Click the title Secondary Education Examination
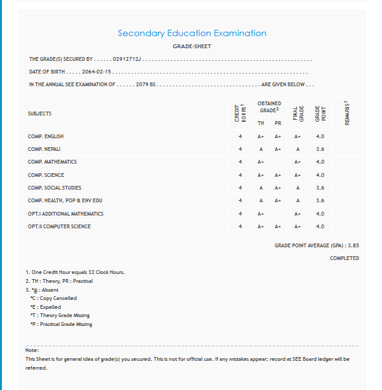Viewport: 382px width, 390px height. [192, 33]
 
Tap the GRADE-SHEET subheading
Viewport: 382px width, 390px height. [192, 46]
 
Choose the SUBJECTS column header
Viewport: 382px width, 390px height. [39, 114]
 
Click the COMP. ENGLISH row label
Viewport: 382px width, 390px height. [46, 136]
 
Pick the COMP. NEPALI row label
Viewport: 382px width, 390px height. [44, 149]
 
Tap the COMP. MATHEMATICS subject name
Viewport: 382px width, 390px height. [52, 162]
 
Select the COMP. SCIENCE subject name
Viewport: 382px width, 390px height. [46, 175]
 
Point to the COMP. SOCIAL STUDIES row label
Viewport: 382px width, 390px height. [55, 188]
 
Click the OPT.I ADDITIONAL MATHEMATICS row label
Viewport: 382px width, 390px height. [65, 214]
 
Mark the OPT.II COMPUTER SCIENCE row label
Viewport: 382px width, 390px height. [59, 226]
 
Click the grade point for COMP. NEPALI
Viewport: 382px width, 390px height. [320, 149]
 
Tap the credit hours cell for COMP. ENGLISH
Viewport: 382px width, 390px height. [240, 136]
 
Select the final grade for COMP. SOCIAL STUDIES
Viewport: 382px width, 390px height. [298, 188]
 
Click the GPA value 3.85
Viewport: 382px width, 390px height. [353, 245]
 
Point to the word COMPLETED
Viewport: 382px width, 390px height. [344, 258]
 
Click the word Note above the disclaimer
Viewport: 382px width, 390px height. [32, 350]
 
